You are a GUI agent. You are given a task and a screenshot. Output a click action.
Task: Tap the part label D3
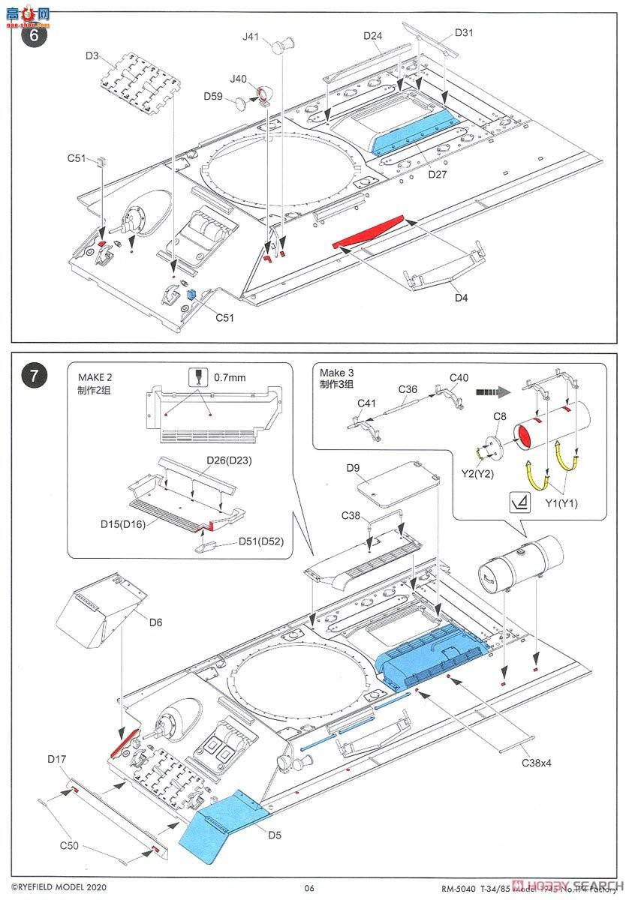point(92,55)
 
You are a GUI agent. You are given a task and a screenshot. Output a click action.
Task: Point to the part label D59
point(213,96)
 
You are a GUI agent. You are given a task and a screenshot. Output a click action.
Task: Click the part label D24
point(373,35)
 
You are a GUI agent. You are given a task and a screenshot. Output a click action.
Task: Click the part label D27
point(438,174)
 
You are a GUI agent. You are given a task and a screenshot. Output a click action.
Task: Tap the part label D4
point(461,298)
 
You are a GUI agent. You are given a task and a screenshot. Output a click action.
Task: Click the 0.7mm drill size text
point(229,378)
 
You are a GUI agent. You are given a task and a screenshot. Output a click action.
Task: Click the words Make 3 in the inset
point(332,373)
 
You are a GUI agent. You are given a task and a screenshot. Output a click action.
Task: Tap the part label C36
point(408,388)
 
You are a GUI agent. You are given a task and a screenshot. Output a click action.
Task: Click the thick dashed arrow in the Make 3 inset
point(492,391)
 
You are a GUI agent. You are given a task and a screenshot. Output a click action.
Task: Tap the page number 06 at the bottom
point(309,888)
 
